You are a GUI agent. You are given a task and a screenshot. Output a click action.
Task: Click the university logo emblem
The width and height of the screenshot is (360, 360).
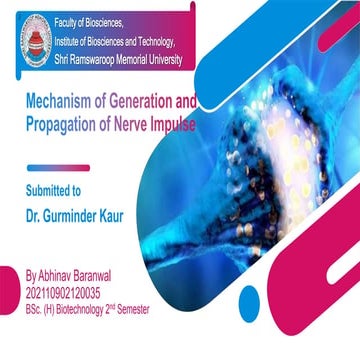click(36, 35)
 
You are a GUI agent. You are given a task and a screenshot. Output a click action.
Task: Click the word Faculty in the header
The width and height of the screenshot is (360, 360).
click(85, 19)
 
